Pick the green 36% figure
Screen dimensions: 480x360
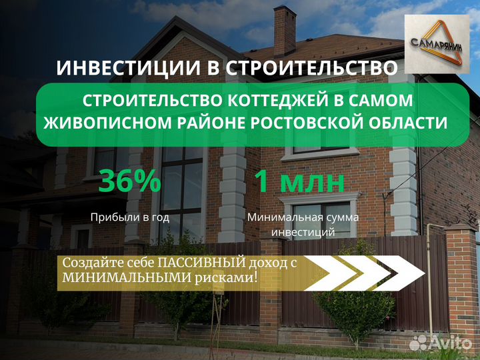coord(130,181)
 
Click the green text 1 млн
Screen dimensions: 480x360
coord(300,181)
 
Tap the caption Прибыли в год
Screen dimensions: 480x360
coord(130,217)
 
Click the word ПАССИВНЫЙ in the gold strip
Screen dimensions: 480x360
coord(202,263)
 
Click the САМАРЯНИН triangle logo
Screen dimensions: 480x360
coord(437,44)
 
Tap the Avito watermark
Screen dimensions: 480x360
coord(440,342)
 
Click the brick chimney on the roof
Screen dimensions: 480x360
coord(285,31)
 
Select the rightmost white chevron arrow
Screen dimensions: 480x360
coord(399,273)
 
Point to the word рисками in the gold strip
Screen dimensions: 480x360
coord(225,278)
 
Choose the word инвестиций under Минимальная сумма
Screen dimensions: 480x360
coord(303,232)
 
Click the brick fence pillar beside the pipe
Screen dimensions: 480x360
coord(461,281)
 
